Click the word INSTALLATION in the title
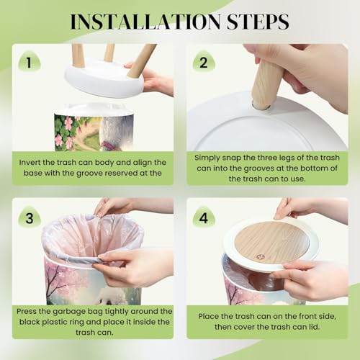(x=145, y=22)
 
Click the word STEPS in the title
(x=258, y=22)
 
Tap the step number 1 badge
(x=30, y=62)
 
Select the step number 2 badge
(x=204, y=62)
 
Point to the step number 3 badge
(x=30, y=217)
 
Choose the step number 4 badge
(x=204, y=217)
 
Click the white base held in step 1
(x=104, y=79)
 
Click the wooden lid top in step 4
(x=271, y=242)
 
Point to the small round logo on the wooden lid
(x=259, y=257)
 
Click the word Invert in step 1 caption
(x=30, y=163)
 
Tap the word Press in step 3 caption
(x=27, y=312)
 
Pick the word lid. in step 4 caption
(x=314, y=327)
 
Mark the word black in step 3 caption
(x=30, y=322)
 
